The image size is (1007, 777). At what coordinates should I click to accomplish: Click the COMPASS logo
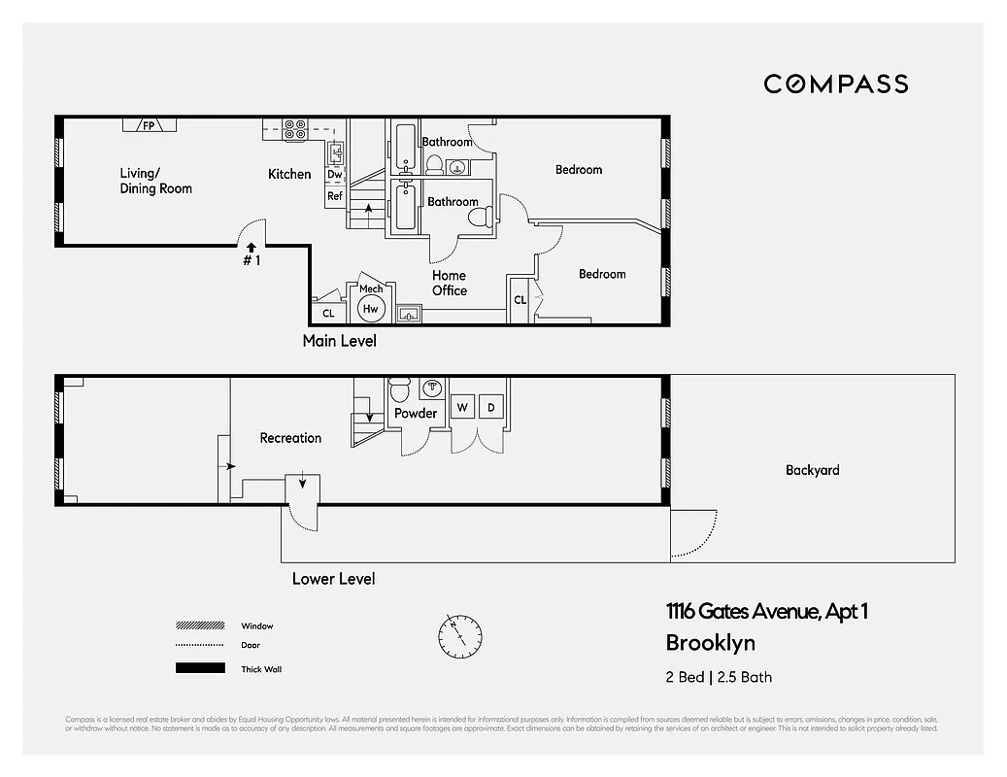[x=835, y=84]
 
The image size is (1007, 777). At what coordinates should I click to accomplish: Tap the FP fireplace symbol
[x=150, y=125]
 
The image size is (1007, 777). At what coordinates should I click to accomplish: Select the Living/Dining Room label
[x=155, y=181]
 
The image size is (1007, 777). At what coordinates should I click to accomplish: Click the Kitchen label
[x=289, y=174]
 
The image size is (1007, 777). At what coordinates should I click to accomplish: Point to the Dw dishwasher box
[x=334, y=175]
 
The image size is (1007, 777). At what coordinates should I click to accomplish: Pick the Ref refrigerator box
[x=335, y=196]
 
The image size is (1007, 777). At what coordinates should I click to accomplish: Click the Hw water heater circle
[x=370, y=309]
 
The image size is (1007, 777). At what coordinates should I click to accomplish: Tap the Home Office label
[x=449, y=283]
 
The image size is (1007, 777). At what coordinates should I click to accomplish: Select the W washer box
[x=462, y=407]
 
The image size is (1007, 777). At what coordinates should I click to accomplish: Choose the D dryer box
[x=491, y=407]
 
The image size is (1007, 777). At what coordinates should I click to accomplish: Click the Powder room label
[x=416, y=413]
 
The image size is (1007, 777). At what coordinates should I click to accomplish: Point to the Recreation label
[x=290, y=438]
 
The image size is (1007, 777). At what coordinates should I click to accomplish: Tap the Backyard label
[x=812, y=470]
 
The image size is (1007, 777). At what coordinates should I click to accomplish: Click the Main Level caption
[x=339, y=341]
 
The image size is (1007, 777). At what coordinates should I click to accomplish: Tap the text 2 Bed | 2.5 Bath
[x=719, y=677]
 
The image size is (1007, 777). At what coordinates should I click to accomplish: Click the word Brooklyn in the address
[x=710, y=642]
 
